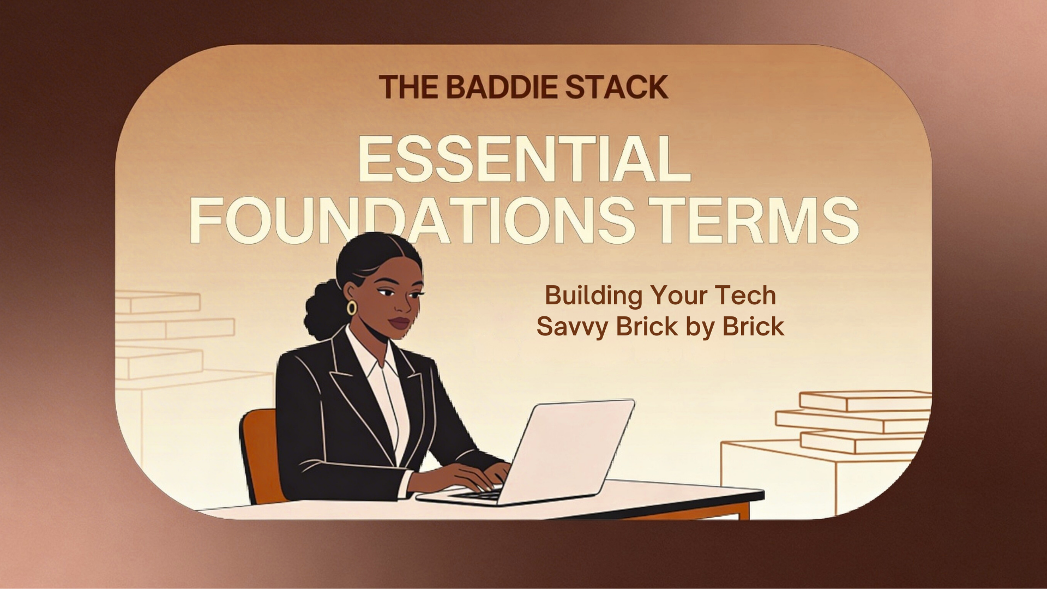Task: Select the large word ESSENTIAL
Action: [523, 159]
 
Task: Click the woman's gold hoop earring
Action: [351, 308]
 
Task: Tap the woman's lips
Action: [399, 323]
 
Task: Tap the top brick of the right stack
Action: [864, 401]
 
